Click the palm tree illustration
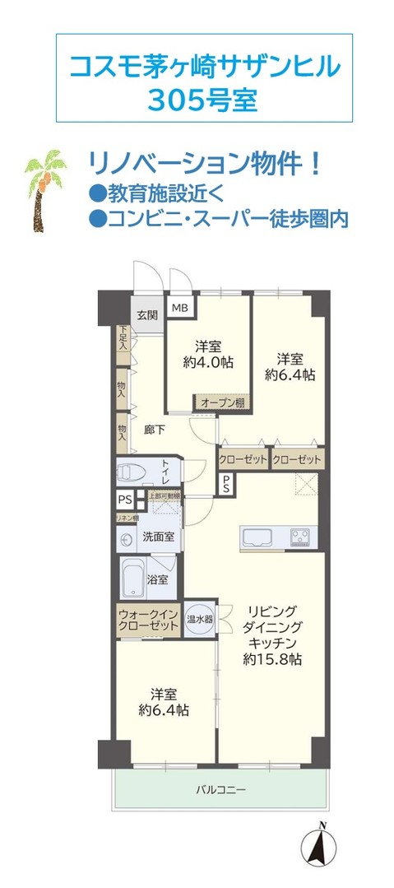pyautogui.click(x=42, y=188)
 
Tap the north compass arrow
pyautogui.click(x=323, y=846)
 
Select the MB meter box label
pyautogui.click(x=179, y=309)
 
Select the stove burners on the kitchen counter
pyautogui.click(x=298, y=538)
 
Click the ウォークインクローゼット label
pyautogui.click(x=148, y=620)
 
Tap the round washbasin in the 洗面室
pyautogui.click(x=127, y=539)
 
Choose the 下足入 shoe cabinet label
pyautogui.click(x=123, y=338)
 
